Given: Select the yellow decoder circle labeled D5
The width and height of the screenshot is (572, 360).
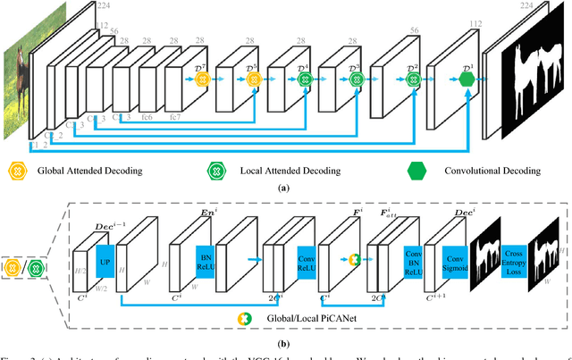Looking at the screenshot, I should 254,79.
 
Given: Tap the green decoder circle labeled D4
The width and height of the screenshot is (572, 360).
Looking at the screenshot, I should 306,79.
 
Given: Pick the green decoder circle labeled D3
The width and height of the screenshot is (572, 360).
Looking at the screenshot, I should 356,79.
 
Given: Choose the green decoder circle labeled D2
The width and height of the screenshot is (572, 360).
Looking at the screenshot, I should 414,79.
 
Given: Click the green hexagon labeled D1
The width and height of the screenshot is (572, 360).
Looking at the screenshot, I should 466,79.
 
